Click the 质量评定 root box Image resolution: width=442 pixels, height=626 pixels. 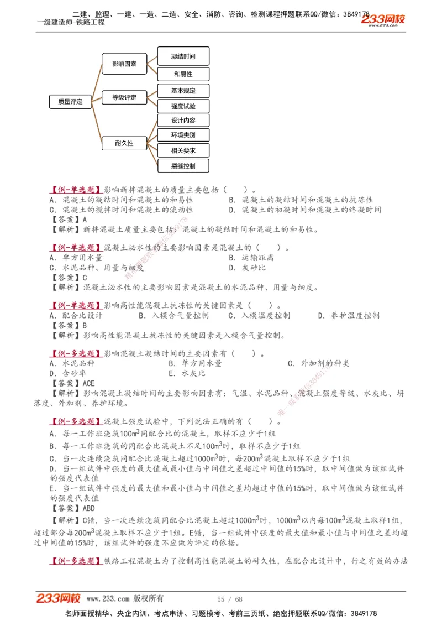point(70,101)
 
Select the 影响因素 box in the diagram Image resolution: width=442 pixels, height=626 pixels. point(124,64)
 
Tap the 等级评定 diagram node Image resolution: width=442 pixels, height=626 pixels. point(124,98)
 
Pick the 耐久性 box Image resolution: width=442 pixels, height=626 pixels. point(124,143)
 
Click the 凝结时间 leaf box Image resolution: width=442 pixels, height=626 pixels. point(183,56)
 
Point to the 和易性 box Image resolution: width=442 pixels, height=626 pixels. point(183,74)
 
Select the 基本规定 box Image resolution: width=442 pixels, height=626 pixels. point(183,90)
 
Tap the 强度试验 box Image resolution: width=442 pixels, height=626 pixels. point(183,106)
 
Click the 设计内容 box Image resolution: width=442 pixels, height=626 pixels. point(183,121)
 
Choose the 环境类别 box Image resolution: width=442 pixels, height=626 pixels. point(183,135)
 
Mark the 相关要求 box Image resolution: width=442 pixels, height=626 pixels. point(183,150)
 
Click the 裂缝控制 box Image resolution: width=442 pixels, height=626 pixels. point(183,165)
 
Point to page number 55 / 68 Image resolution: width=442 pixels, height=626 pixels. point(230,599)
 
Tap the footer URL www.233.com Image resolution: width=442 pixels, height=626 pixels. point(108,599)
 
